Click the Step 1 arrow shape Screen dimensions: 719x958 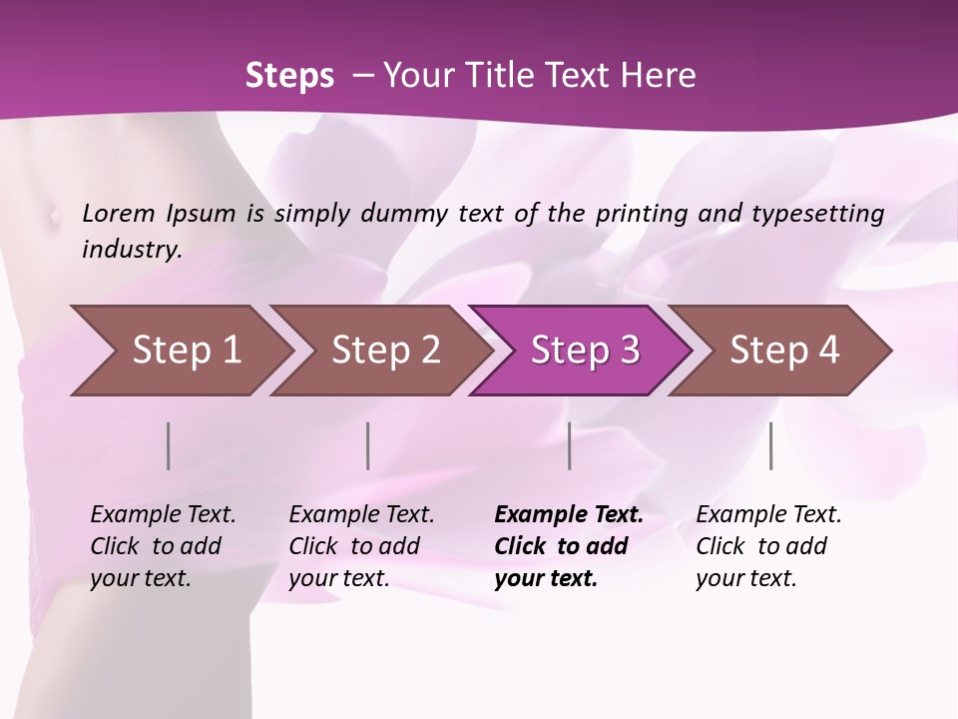180,351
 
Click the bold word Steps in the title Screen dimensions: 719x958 289,75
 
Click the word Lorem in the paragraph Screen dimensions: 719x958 119,213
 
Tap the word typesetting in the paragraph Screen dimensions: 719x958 811,213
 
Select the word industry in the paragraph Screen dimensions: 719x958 132,249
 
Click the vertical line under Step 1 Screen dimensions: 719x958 169,445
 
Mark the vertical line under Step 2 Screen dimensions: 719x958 368,445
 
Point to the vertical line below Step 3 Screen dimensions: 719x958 570,445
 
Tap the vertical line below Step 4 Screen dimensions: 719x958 771,445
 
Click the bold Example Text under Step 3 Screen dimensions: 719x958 569,545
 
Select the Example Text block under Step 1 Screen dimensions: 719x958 163,545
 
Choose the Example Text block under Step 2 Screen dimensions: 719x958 361,545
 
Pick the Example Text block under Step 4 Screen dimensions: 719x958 768,545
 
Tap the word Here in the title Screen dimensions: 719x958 658,75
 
